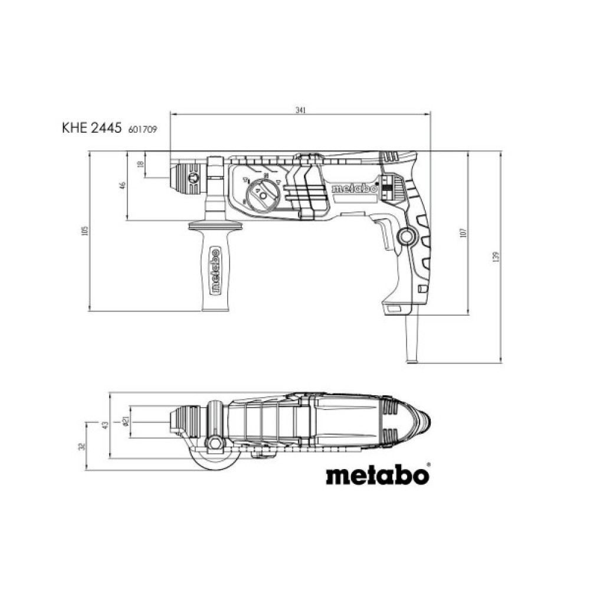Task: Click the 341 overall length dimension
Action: click(301, 110)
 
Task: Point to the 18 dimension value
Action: click(140, 166)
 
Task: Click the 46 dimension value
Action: click(123, 185)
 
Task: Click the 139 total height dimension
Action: click(496, 257)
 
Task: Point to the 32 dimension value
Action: click(83, 446)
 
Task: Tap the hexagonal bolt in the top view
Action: click(215, 443)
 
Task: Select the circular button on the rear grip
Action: click(406, 237)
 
